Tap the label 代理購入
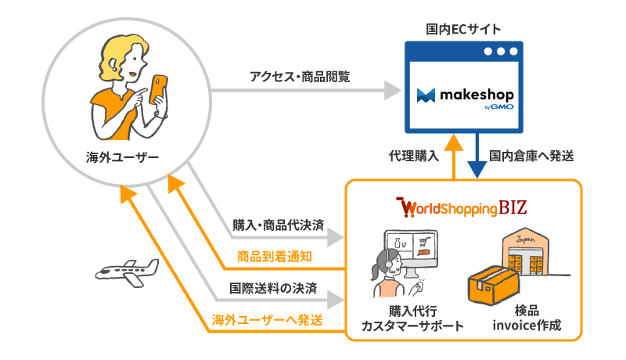[x=409, y=155]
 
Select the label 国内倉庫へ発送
[x=531, y=155]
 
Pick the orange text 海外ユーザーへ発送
[x=266, y=320]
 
